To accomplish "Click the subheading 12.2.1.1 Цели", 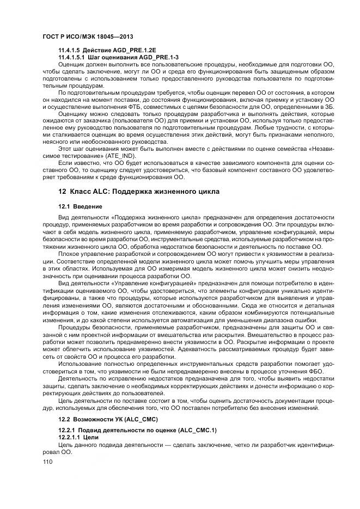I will [x=78, y=437].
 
